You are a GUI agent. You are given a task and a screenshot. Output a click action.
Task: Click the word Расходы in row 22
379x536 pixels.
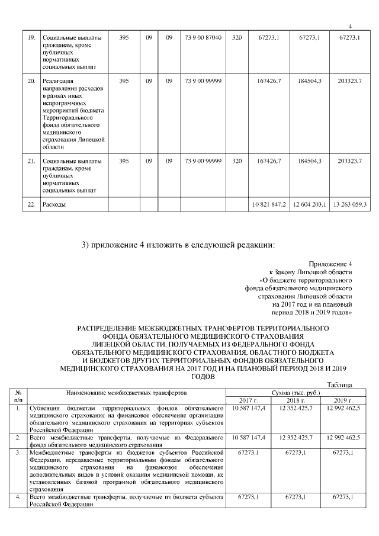(x=54, y=204)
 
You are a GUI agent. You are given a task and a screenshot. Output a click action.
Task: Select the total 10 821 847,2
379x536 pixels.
(x=269, y=204)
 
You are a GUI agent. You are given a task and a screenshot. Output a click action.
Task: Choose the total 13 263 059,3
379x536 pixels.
(x=350, y=204)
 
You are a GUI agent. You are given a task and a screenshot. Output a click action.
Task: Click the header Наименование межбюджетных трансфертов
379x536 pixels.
(x=127, y=392)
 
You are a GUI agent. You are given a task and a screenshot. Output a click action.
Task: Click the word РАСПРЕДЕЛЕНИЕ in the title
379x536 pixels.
(x=114, y=328)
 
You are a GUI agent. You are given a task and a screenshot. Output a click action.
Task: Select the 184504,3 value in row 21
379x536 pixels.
(x=310, y=161)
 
